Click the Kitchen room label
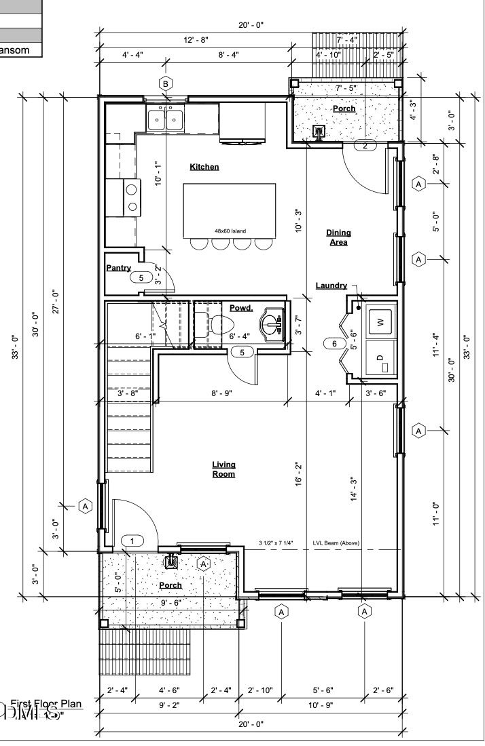pos(204,167)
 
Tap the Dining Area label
pos(338,237)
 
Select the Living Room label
pos(223,469)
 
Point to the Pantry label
pos(118,268)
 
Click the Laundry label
pos(331,286)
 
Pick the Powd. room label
pos(240,308)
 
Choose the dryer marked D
pos(380,358)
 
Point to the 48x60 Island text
pos(230,231)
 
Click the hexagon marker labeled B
pos(165,83)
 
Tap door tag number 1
pos(133,541)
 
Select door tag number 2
pos(365,145)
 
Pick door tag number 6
pos(334,344)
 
